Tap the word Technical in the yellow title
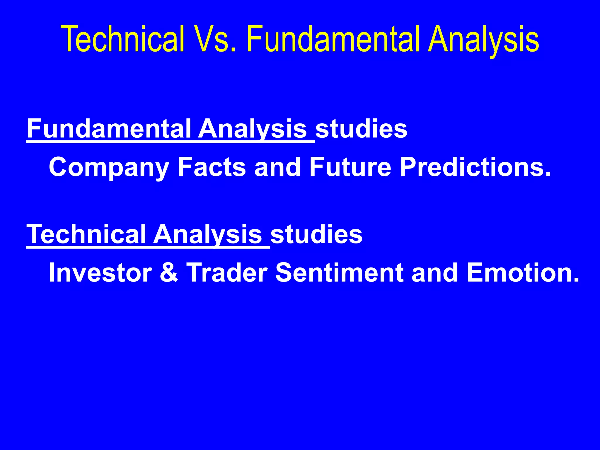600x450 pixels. tap(122, 40)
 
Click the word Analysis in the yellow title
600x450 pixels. tap(483, 40)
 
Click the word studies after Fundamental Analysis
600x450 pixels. tap(361, 129)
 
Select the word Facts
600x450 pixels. tap(212, 167)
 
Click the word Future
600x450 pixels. tap(350, 167)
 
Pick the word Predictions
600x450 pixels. tap(475, 167)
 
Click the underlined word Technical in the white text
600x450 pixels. tap(87, 234)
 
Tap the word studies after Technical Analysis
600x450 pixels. tap(316, 234)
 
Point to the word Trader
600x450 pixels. tap(227, 273)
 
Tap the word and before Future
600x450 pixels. tap(277, 167)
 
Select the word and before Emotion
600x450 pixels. tap(435, 273)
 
